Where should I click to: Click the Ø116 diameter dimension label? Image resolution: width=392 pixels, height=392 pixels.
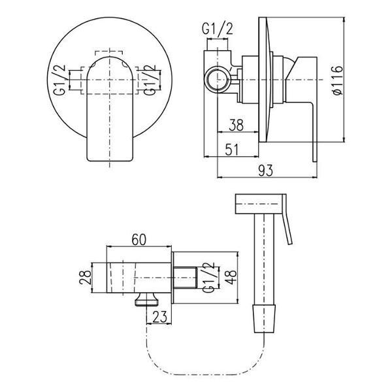[x=338, y=80]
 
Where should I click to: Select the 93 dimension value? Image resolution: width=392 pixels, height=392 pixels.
[x=265, y=171]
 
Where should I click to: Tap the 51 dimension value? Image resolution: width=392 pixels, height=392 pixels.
[x=232, y=150]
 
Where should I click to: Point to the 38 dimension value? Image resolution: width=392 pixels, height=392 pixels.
[x=236, y=125]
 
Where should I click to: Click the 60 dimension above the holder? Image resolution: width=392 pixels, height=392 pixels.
[x=139, y=240]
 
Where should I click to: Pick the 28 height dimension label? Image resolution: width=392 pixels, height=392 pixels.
[x=85, y=277]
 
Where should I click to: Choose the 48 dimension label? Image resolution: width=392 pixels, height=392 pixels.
[x=231, y=277]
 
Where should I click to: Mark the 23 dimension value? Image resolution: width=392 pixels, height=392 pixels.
[x=159, y=317]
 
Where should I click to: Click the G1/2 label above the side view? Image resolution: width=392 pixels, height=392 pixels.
[x=218, y=29]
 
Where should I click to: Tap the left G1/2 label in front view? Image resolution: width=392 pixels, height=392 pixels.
[x=59, y=80]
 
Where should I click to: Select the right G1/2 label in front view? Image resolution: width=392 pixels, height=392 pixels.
[x=149, y=80]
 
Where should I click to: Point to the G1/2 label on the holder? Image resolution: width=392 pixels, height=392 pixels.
[x=208, y=277]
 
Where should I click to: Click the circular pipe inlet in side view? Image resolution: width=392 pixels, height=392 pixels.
[x=217, y=80]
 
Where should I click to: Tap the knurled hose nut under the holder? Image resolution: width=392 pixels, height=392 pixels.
[x=147, y=299]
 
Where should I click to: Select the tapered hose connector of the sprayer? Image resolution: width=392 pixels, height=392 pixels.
[x=265, y=319]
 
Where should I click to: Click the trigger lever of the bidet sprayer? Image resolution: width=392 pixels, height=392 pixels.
[x=287, y=220]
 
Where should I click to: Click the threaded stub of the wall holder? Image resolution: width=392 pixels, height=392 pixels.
[x=185, y=278]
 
